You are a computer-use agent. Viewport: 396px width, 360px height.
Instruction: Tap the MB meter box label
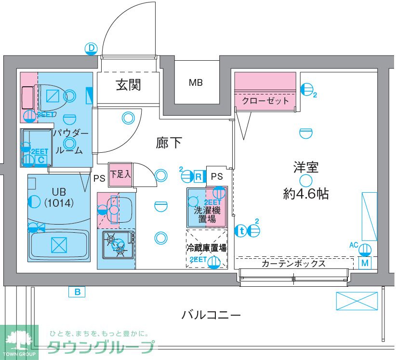(x=195, y=83)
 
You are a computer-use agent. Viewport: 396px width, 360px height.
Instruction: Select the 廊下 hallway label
(x=169, y=143)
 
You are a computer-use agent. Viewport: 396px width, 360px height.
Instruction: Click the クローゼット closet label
(x=265, y=101)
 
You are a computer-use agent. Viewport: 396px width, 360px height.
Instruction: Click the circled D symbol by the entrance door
(x=91, y=48)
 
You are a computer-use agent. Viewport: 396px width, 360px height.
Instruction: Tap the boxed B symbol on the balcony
(x=77, y=291)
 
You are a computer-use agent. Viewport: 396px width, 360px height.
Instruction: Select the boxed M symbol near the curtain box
(x=365, y=263)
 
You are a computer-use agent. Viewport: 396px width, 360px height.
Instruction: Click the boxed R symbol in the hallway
(x=198, y=176)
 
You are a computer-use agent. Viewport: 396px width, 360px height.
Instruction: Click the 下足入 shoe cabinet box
(x=120, y=174)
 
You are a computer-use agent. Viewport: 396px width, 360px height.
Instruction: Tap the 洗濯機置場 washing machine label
(x=207, y=215)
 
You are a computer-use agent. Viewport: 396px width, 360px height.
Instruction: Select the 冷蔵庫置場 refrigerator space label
(x=207, y=248)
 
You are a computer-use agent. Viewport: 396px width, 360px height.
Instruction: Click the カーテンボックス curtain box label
(x=293, y=264)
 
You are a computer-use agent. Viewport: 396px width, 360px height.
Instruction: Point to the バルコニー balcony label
(x=211, y=316)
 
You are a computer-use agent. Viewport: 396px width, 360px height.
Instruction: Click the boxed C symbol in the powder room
(x=41, y=160)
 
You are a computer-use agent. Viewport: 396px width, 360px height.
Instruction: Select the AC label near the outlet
(x=354, y=245)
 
